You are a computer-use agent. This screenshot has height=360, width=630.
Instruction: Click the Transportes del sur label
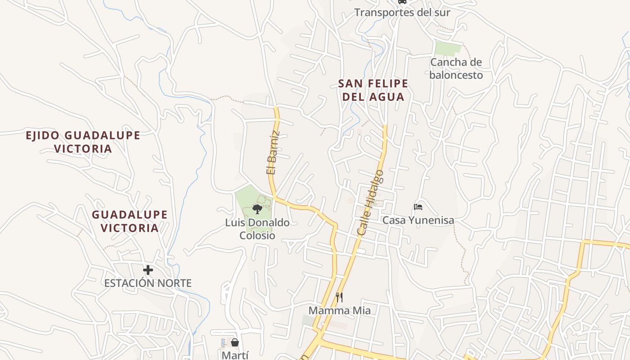click(402, 12)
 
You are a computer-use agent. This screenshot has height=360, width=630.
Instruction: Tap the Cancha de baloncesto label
click(456, 68)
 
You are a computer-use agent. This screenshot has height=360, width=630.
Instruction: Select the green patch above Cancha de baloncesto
click(448, 48)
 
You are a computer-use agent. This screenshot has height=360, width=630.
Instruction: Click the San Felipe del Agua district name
click(373, 90)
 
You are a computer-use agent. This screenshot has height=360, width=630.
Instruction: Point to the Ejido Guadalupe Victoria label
click(83, 142)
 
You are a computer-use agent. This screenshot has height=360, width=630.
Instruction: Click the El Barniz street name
click(273, 153)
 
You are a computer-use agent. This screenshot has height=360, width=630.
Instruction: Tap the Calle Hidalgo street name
click(370, 202)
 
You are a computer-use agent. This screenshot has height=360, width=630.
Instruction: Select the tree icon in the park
click(257, 209)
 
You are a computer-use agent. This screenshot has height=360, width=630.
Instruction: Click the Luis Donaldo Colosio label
click(257, 229)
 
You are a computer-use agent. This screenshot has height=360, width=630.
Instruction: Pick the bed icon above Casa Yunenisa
click(418, 207)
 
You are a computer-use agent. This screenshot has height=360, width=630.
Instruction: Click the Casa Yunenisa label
click(418, 220)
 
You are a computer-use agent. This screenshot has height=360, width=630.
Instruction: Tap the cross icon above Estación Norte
click(148, 270)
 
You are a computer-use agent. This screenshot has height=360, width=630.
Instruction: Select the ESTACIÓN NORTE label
click(148, 283)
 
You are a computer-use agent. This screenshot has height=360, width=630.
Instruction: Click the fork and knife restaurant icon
click(339, 297)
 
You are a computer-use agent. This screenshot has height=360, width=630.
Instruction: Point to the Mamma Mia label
click(339, 310)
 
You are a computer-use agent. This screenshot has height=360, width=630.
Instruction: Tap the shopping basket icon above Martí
click(234, 342)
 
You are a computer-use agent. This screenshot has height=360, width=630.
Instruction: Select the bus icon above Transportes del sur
click(402, 2)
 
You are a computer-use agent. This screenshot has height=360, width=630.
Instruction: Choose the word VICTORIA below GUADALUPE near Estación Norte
click(130, 228)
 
